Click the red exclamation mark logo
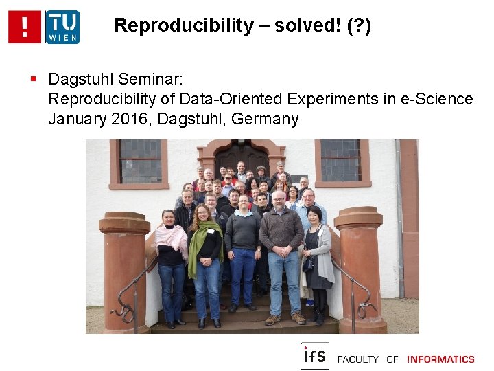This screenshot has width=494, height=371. click(25, 27)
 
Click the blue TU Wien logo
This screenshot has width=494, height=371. click(62, 27)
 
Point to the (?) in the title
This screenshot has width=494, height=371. click(359, 26)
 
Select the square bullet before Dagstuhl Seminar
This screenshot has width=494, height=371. click(33, 80)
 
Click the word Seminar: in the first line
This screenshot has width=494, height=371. click(156, 80)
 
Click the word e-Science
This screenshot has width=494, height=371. click(436, 99)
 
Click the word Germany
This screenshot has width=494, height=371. click(265, 119)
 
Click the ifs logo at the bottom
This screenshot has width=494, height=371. click(314, 356)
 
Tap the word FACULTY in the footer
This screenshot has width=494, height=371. click(357, 359)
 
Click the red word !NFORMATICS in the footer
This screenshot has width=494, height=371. click(440, 359)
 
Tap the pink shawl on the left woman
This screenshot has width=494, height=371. click(170, 237)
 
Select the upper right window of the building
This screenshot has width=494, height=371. click(340, 160)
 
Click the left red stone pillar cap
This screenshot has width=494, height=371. click(124, 223)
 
